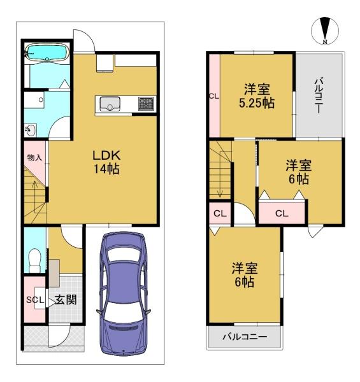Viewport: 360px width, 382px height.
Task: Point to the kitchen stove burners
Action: [145, 104]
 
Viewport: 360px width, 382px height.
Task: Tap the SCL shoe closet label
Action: [34, 300]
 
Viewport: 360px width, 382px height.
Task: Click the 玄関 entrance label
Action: [65, 299]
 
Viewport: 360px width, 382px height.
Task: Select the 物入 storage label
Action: [34, 157]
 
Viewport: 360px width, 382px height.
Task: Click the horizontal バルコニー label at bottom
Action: [244, 337]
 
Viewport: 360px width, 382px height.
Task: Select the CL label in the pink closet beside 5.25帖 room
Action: [213, 97]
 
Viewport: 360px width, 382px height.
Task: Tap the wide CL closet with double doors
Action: [282, 213]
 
